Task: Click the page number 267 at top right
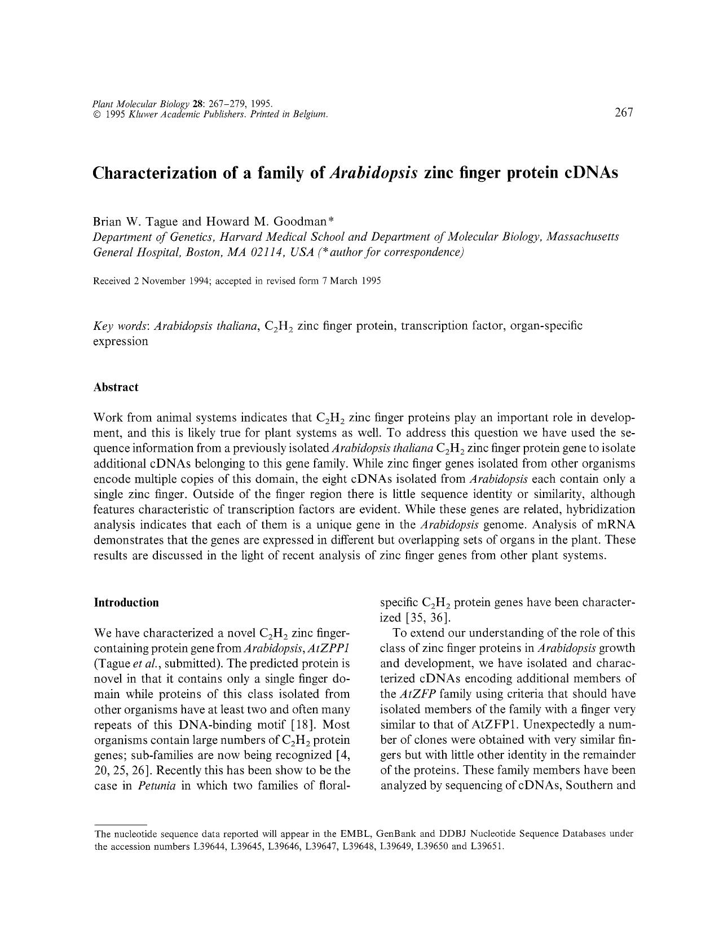pos(624,112)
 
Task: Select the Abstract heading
pos(116,387)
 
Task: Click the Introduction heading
pos(126,603)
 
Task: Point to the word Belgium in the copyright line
pos(309,115)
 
